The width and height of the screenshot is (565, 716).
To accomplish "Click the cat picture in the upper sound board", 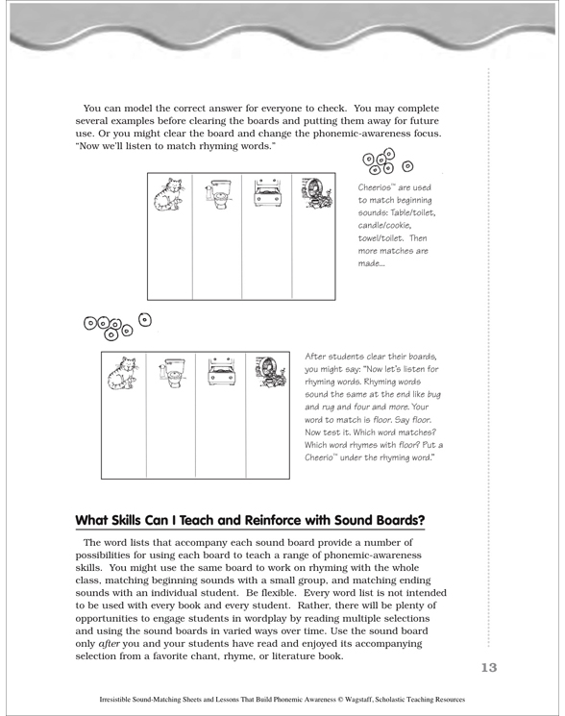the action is click(169, 194).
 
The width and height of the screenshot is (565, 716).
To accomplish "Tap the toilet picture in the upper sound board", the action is click(218, 194).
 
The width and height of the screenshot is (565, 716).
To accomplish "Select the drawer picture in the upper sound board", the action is click(267, 192).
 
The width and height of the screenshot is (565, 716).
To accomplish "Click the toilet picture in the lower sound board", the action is click(172, 373).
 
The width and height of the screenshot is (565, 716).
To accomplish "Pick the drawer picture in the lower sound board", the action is click(221, 371).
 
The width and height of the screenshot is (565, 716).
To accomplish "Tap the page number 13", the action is click(488, 668).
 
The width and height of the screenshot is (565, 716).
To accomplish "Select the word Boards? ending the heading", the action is click(402, 520).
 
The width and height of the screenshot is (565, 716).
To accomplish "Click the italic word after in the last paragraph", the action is click(110, 644).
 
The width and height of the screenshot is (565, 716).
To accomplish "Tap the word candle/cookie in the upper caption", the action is click(384, 226).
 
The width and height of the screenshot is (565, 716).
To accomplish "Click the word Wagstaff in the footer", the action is click(357, 700).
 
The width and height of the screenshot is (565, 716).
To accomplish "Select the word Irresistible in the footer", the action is click(111, 700).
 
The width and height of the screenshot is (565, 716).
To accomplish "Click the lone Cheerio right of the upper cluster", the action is click(407, 166).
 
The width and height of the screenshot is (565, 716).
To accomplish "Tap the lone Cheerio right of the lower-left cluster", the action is click(145, 320).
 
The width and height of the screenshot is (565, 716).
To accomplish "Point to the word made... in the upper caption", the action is click(371, 263).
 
